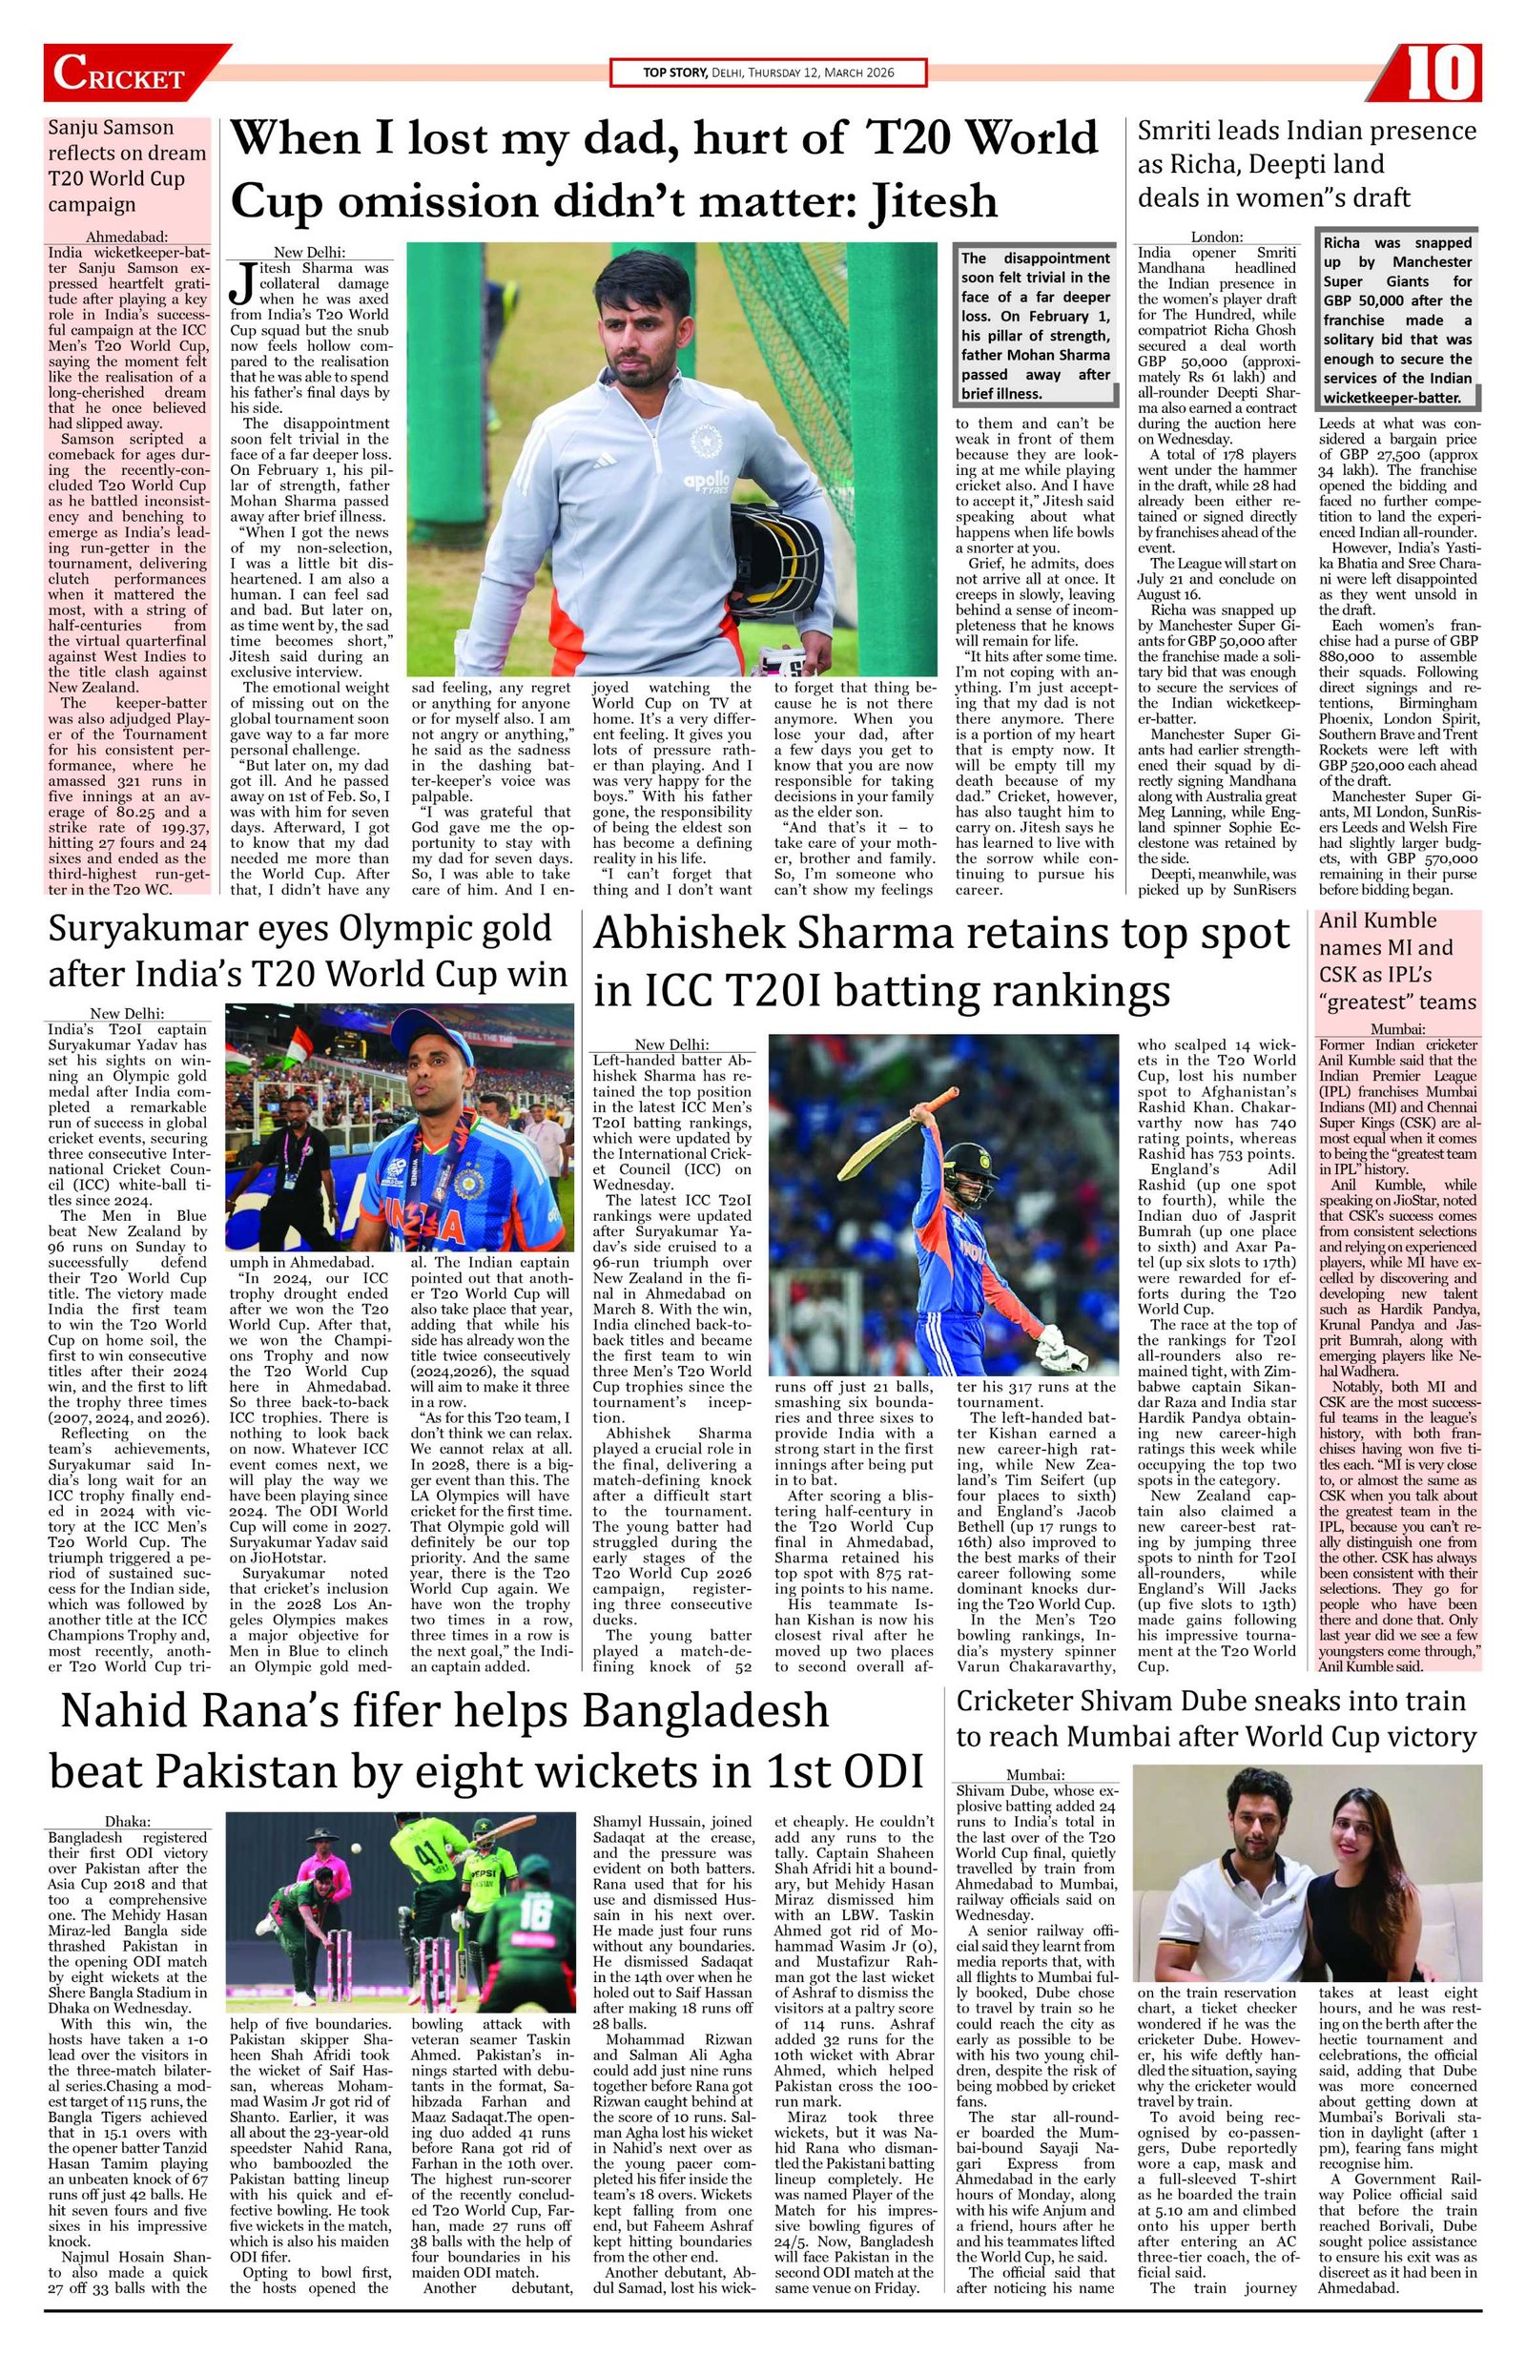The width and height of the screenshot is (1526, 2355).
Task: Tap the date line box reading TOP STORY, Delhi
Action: pos(768,73)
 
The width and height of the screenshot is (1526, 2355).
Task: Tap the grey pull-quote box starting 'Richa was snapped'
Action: pos(1397,320)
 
